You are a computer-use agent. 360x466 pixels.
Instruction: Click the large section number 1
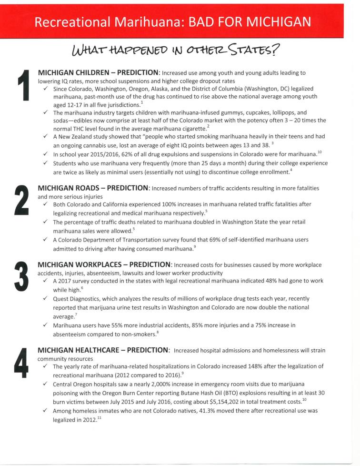[22, 86]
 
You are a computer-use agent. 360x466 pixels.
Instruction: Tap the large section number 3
[21, 276]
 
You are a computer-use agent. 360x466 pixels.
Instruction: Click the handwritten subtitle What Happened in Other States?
[175, 50]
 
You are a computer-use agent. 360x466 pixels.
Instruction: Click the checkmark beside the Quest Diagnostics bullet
[45, 298]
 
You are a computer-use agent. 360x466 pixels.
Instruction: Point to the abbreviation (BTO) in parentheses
[258, 393]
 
